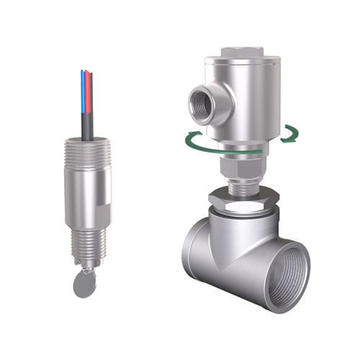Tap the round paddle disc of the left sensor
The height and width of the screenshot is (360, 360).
tap(85, 285)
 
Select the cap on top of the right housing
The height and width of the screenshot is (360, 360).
tap(241, 52)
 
